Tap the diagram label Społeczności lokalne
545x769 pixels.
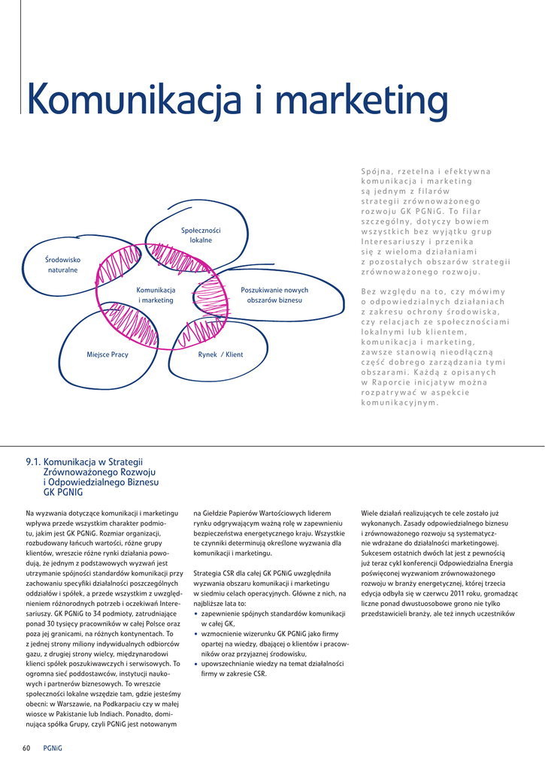(201, 235)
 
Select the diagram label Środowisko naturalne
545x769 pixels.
(63, 264)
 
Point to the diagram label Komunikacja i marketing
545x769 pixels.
(156, 295)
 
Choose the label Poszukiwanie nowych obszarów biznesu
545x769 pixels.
(274, 295)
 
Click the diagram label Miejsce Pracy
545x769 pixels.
(107, 354)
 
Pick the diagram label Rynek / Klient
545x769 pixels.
(220, 354)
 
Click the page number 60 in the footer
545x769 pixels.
(26, 748)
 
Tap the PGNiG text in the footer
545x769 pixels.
(53, 748)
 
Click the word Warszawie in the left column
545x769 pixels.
(67, 704)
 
